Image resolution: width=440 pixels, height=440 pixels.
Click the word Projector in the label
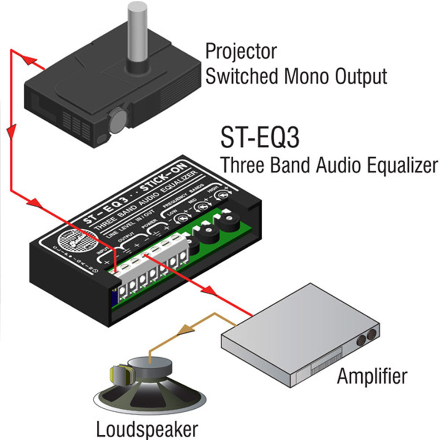pos(241,52)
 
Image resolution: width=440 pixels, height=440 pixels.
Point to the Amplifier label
pos(372,376)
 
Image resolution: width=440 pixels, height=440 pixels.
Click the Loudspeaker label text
pos(147,429)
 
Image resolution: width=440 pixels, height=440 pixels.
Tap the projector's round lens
pos(117,120)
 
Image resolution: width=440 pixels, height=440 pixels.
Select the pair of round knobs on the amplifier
pos(367,337)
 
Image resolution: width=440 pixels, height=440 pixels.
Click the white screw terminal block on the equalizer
pos(150,273)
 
